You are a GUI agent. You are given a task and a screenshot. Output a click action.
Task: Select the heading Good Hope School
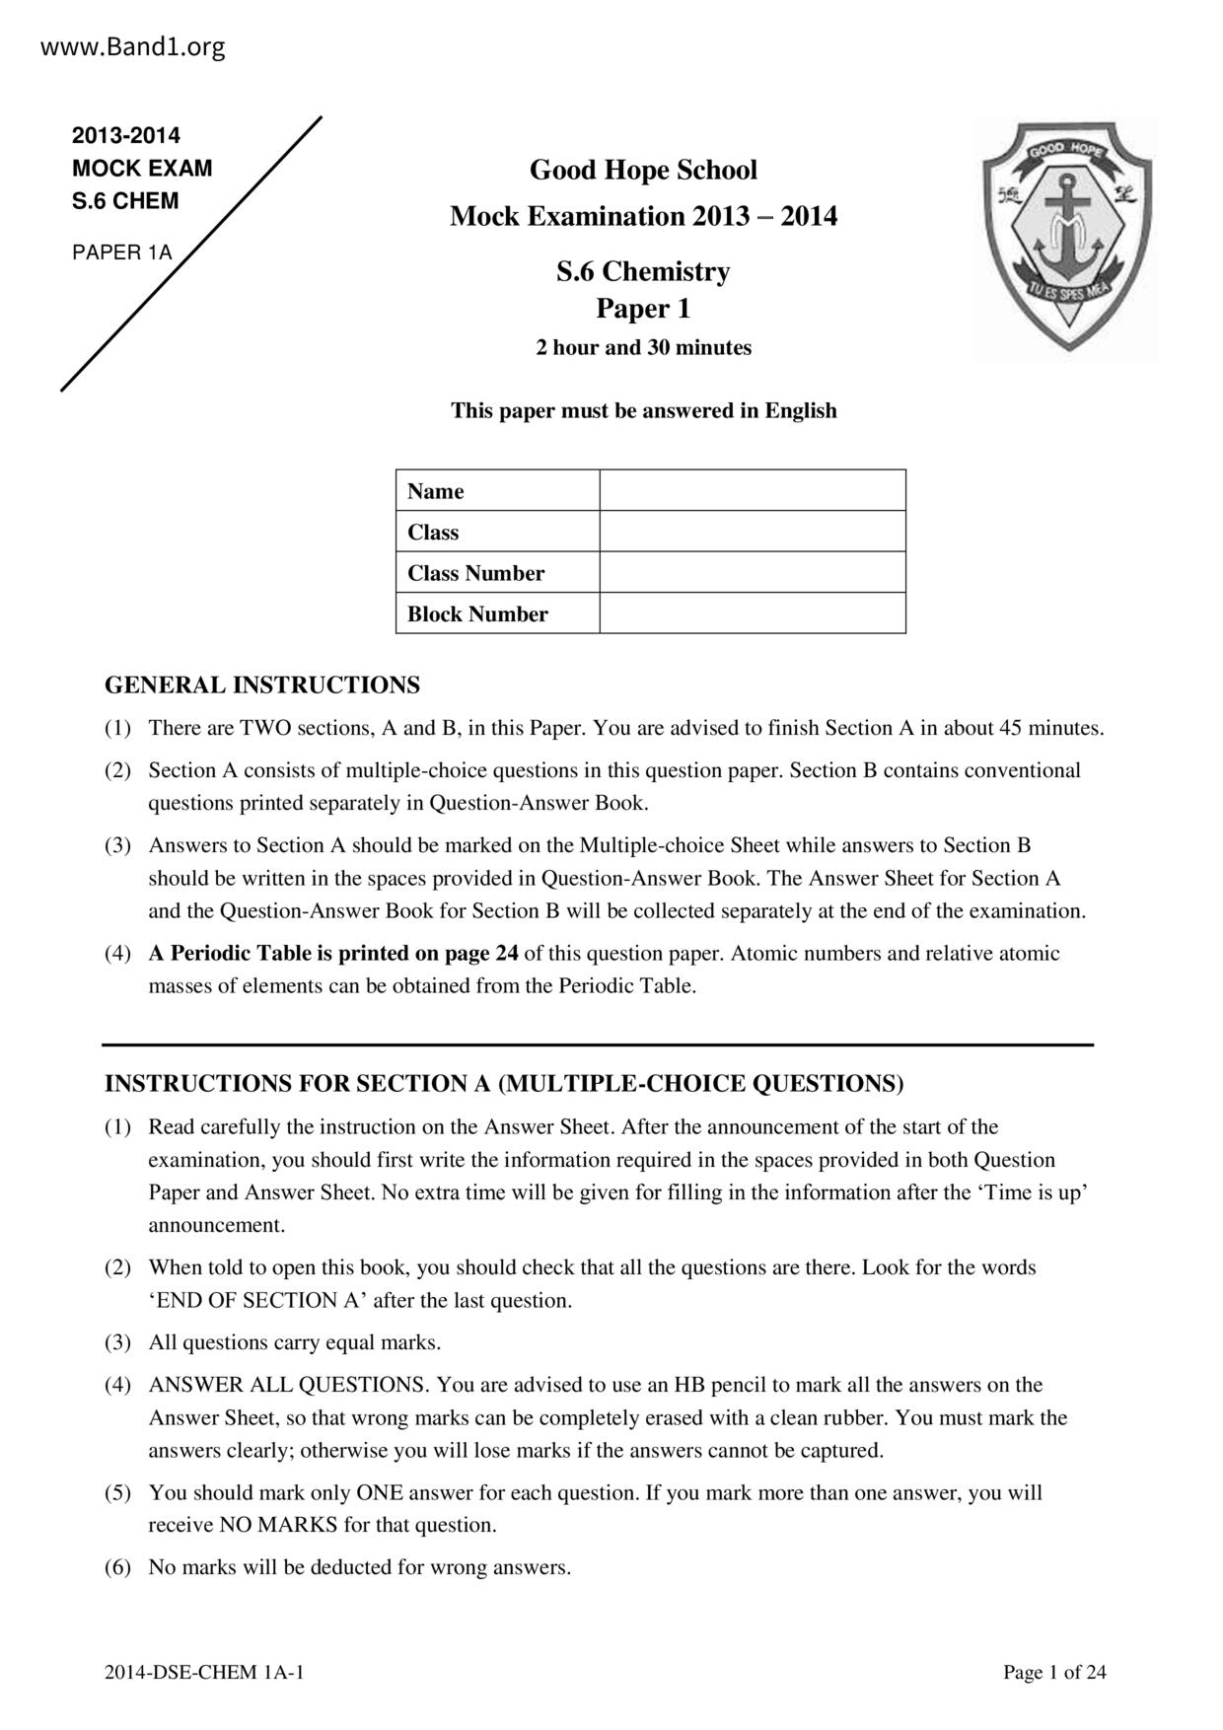pos(643,171)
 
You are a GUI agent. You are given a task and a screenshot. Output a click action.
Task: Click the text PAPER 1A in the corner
pos(122,252)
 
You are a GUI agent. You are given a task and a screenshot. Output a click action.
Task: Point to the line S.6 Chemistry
pos(643,271)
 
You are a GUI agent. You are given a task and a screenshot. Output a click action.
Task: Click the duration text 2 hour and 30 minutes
pos(643,347)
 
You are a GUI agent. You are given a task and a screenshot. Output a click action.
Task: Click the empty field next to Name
pos(752,490)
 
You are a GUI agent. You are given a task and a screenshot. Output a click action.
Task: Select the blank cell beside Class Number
pos(752,572)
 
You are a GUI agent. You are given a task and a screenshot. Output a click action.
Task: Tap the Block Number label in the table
pos(477,613)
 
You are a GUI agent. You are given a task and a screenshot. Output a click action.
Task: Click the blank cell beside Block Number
pos(752,613)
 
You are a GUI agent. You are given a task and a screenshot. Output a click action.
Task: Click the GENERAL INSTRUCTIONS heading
pos(262,685)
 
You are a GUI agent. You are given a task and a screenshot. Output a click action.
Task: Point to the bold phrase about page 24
pos(333,953)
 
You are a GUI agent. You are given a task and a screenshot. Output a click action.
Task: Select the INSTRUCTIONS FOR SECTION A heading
pos(504,1083)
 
